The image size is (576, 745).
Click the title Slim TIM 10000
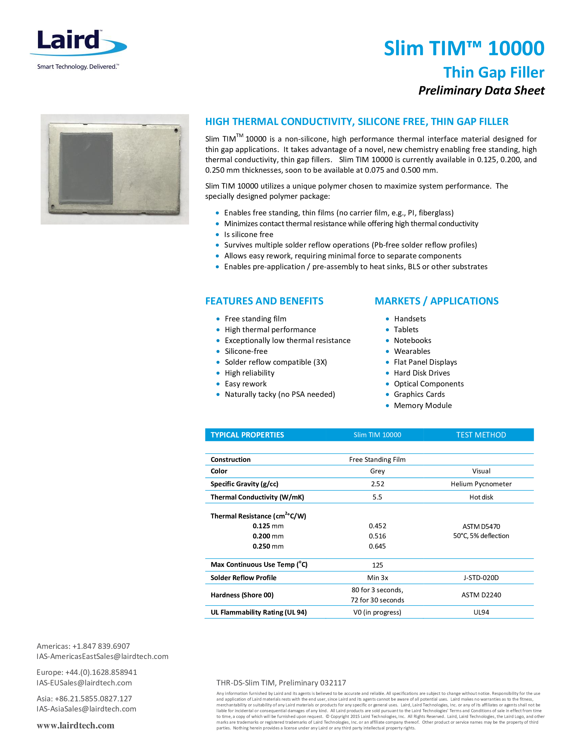click(x=464, y=48)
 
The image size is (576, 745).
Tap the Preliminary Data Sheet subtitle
click(x=481, y=91)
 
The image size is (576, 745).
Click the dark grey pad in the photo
click(x=86, y=169)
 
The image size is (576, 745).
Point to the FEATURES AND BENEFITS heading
click(x=264, y=301)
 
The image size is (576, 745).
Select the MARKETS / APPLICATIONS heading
click(x=436, y=301)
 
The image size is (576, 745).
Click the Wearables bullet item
click(x=412, y=352)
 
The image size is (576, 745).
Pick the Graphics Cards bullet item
click(x=419, y=395)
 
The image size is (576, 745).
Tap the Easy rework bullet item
click(x=246, y=384)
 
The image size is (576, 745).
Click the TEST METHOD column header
click(x=481, y=435)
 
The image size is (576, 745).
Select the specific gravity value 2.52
click(x=377, y=484)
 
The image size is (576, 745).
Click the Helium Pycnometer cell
click(x=481, y=484)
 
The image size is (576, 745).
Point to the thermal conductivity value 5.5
click(x=377, y=497)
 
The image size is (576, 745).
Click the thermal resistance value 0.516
click(x=377, y=536)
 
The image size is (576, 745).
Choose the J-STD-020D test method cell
click(x=481, y=578)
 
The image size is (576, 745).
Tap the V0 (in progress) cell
click(x=377, y=612)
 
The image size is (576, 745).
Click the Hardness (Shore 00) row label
click(x=242, y=595)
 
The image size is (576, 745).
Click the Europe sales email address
click(x=84, y=683)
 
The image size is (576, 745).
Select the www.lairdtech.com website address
click(x=76, y=726)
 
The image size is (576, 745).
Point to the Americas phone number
click(x=101, y=646)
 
